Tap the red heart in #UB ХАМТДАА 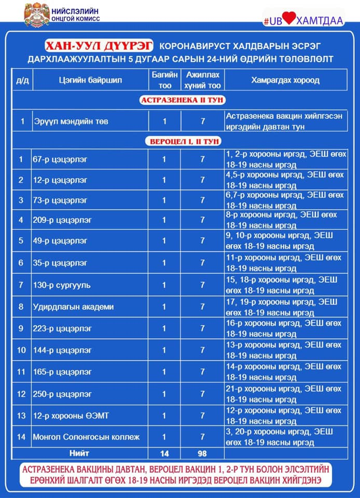click(289, 18)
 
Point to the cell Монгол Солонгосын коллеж click(86, 437)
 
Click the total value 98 click(202, 453)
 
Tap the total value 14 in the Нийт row click(164, 453)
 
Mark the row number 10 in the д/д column click(21, 350)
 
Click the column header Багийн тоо click(164, 80)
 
